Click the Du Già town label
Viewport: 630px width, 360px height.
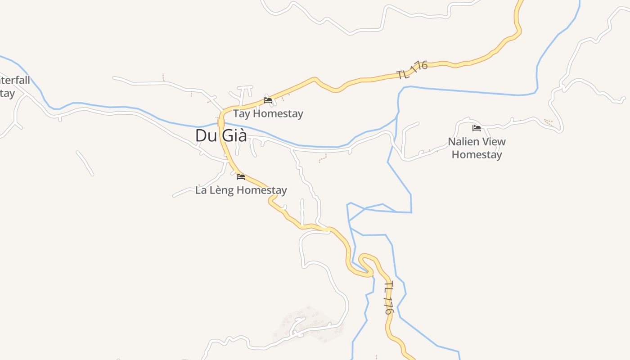(x=221, y=135)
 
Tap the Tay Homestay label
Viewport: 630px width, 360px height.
(x=268, y=114)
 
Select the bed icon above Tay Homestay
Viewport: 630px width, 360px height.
(x=268, y=100)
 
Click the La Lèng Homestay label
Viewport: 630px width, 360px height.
(x=241, y=190)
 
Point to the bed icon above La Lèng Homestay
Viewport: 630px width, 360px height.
(x=241, y=177)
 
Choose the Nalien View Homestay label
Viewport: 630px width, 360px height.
(x=477, y=148)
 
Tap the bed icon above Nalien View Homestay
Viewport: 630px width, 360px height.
(x=477, y=128)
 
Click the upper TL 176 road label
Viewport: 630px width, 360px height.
(x=412, y=70)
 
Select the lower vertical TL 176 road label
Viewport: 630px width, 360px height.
(x=389, y=297)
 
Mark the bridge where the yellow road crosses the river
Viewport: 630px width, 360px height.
(x=221, y=122)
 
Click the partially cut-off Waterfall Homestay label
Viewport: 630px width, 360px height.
(x=13, y=87)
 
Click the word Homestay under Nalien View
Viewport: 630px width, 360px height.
(x=477, y=155)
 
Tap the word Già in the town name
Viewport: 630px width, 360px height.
(x=234, y=135)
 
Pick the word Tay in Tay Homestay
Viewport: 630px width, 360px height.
(x=241, y=114)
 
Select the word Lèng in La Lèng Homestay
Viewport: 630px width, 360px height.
(x=222, y=190)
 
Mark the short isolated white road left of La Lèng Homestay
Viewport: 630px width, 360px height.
(x=85, y=163)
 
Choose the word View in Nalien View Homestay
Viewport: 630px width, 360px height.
(x=493, y=142)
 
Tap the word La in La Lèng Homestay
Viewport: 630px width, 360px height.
(x=201, y=190)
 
